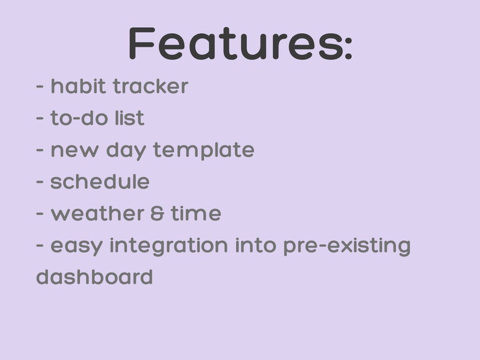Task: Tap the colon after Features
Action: point(348,48)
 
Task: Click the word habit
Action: point(77,86)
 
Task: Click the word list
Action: point(129,118)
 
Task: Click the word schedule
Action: point(100,182)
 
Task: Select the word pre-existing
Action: point(347,246)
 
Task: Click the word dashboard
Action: point(94,277)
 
